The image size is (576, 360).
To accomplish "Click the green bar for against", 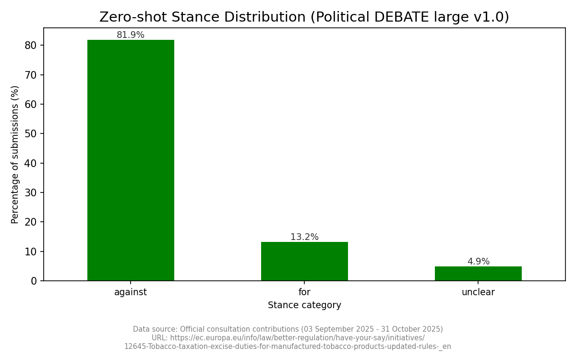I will click(x=131, y=160).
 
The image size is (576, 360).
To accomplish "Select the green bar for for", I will click(x=304, y=261).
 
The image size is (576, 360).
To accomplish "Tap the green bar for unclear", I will click(x=478, y=274).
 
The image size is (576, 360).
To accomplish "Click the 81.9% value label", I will click(x=131, y=35).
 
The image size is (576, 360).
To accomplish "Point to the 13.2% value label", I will click(x=304, y=237).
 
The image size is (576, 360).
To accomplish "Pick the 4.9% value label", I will click(x=478, y=262).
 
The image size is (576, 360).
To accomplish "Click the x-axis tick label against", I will click(x=131, y=292).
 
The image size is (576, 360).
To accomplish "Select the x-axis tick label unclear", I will click(x=478, y=292).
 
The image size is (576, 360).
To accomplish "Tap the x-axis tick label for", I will click(x=304, y=292).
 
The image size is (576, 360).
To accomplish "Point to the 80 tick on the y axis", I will click(x=31, y=45).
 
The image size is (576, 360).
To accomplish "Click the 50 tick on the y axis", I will click(x=31, y=133).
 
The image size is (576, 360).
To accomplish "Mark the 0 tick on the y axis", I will click(x=34, y=281).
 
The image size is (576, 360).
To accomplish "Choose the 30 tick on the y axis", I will click(x=31, y=192).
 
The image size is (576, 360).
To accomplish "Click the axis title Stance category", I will click(x=304, y=305).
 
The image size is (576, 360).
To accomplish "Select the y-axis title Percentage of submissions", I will click(x=15, y=155).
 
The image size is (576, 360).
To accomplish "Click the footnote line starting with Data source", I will click(x=288, y=329).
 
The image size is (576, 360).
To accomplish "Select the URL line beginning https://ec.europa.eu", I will click(x=288, y=338).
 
